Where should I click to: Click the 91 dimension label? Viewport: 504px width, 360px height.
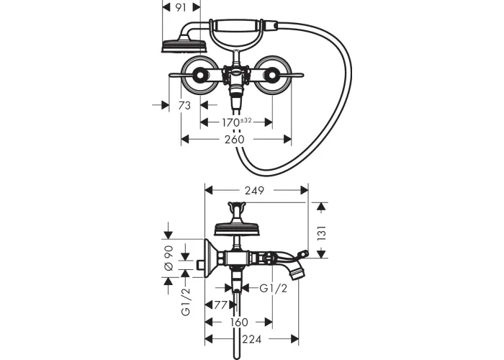point(181,8)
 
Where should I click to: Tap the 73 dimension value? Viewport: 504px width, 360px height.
point(184,105)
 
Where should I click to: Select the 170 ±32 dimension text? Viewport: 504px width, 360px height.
point(236,122)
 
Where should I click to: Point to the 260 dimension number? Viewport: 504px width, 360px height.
point(234,140)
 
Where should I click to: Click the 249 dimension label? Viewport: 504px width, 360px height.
point(254,191)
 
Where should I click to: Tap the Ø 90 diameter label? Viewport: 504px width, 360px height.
point(169,258)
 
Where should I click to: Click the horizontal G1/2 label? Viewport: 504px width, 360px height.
point(273,288)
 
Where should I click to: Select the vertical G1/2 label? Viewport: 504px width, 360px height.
point(186,302)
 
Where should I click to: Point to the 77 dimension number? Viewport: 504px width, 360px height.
point(221,305)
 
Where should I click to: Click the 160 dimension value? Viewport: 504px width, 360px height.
point(239,322)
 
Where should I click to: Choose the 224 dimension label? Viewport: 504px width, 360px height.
point(252,339)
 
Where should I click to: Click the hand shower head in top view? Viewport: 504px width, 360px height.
point(184,45)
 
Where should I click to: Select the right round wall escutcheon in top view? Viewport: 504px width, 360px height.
point(274,75)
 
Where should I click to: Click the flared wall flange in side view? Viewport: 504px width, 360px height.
point(210,258)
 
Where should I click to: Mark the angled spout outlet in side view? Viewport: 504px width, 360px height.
point(297,271)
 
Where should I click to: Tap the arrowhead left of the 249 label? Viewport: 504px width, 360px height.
point(209,191)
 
